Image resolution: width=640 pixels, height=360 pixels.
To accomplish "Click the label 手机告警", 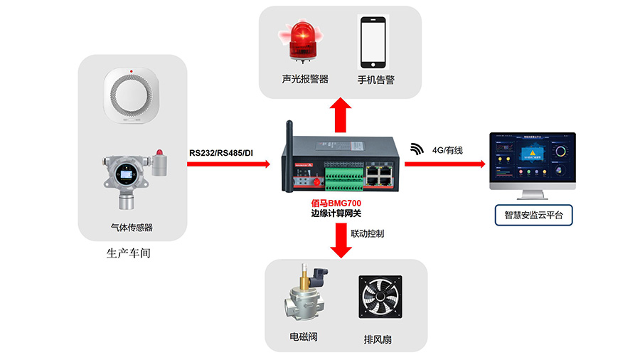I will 375,80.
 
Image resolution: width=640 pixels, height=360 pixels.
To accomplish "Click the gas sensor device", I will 133,176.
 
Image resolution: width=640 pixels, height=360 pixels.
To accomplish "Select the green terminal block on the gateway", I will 341,175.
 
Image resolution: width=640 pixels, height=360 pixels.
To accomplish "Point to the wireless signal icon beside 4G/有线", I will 416,149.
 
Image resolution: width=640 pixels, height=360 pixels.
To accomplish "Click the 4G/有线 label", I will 447,150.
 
